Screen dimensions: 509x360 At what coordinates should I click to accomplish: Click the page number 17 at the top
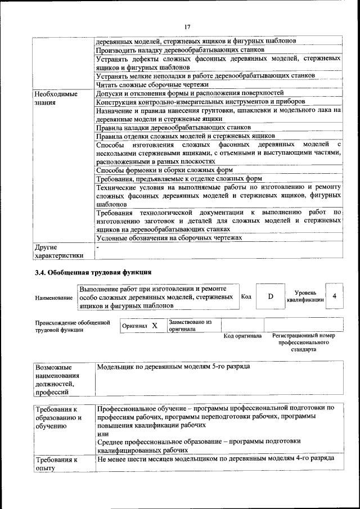pyautogui.click(x=187, y=26)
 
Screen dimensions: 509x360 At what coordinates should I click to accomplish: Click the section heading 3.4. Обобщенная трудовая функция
pyautogui.click(x=93, y=273)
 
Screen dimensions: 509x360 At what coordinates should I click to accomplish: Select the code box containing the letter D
pyautogui.click(x=270, y=296)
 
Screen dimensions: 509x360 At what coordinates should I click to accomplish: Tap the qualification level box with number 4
pyautogui.click(x=335, y=296)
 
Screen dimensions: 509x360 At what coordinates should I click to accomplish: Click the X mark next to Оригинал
pyautogui.click(x=154, y=326)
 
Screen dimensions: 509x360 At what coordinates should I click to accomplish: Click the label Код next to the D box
pyautogui.click(x=246, y=296)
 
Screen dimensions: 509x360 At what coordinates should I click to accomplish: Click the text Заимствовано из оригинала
pyautogui.click(x=190, y=326)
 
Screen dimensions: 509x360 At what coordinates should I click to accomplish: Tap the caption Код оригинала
pyautogui.click(x=242, y=336)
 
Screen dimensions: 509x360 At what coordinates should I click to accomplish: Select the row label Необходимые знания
pyautogui.click(x=56, y=98)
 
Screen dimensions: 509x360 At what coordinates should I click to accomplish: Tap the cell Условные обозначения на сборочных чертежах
pyautogui.click(x=169, y=238)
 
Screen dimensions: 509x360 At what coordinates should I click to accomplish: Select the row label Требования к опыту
pyautogui.click(x=56, y=463)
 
